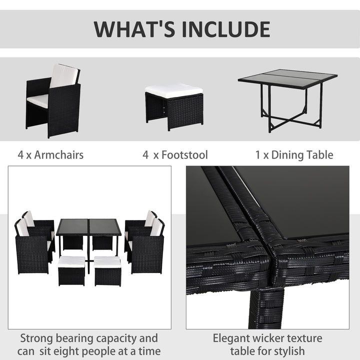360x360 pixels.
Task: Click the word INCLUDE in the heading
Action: pyautogui.click(x=225, y=29)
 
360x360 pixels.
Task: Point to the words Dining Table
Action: pyautogui.click(x=302, y=155)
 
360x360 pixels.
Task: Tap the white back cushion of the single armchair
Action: pyautogui.click(x=64, y=75)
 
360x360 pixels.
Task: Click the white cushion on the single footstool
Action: pyautogui.click(x=173, y=90)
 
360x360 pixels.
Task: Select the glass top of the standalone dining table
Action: pyautogui.click(x=287, y=79)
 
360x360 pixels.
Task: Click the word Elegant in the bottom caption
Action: pyautogui.click(x=232, y=338)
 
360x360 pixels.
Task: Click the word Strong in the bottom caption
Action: pyautogui.click(x=37, y=338)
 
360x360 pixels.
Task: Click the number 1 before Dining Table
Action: pyautogui.click(x=257, y=155)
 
